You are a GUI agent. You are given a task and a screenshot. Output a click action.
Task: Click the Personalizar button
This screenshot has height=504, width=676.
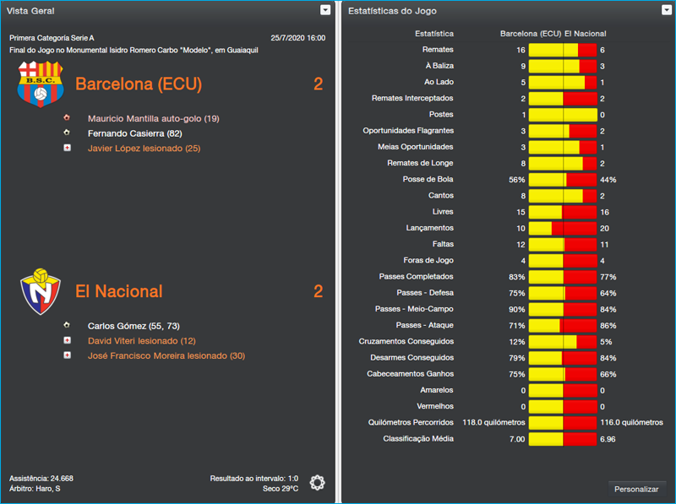636,488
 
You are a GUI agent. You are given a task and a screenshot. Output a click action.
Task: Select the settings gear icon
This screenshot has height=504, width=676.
317,482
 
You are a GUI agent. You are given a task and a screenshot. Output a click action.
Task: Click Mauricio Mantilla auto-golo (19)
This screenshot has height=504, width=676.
153,118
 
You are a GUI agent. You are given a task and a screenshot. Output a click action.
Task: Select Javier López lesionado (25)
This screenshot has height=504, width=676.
144,149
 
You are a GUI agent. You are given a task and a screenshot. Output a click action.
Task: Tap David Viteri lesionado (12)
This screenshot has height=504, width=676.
141,340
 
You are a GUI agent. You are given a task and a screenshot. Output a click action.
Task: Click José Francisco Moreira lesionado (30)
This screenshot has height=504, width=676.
166,355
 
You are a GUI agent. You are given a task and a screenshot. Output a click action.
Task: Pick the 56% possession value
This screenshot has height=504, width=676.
516,180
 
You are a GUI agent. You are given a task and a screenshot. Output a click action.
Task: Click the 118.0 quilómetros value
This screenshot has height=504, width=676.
494,422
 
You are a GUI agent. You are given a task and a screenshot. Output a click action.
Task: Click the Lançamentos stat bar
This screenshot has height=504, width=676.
562,228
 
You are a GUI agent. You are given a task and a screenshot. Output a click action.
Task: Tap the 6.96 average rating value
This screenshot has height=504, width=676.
608,439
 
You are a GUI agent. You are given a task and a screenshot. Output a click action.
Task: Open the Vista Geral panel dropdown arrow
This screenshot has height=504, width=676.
325,10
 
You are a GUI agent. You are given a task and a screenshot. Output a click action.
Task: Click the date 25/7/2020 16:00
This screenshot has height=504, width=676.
297,38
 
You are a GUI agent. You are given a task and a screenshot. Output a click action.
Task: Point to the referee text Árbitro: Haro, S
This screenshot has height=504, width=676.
35,489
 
